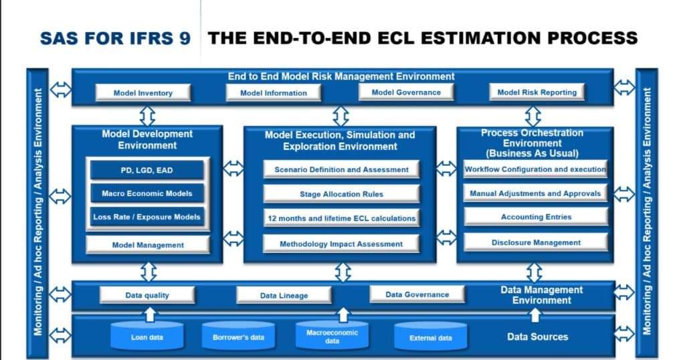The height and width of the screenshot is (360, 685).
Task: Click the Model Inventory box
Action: [x=143, y=93]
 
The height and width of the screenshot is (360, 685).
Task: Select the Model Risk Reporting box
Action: [x=536, y=92]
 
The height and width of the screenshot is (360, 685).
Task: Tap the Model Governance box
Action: [x=406, y=92]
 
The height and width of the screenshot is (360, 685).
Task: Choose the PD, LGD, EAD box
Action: [x=146, y=171]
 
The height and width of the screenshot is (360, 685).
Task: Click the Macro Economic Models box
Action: [x=146, y=193]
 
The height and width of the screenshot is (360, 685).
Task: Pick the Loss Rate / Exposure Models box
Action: [x=146, y=217]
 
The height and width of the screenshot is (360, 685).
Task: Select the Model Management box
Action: [x=148, y=245]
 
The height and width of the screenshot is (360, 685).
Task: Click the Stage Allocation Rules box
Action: [x=341, y=194]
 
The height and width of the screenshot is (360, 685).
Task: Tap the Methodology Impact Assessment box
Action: [x=341, y=244]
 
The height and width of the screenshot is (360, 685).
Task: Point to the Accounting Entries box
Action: [x=536, y=217]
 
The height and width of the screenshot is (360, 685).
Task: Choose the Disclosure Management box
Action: [x=536, y=242]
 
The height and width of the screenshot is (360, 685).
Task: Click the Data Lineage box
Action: [x=284, y=295]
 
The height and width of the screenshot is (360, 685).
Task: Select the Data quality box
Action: [x=147, y=295]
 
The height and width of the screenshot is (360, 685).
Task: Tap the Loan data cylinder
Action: [x=146, y=337]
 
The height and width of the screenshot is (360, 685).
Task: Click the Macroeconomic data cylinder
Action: [x=332, y=336]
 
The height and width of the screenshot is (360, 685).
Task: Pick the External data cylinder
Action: [x=430, y=337]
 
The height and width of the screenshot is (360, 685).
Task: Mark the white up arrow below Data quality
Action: [x=150, y=313]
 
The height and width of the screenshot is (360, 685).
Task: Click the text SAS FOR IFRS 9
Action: [x=114, y=38]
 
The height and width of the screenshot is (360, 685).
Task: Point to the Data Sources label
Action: [x=537, y=337]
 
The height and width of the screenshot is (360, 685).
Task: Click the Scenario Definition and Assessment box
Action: [x=341, y=169]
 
